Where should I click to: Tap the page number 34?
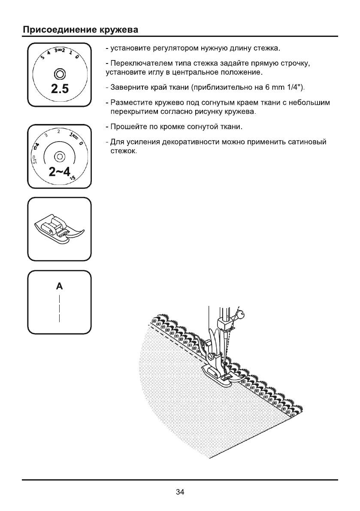pos(180,492)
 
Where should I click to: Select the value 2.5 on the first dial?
pos(60,89)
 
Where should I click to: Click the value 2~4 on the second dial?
pos(60,172)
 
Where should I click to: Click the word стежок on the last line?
pos(123,151)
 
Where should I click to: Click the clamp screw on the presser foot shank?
pos(211,356)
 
